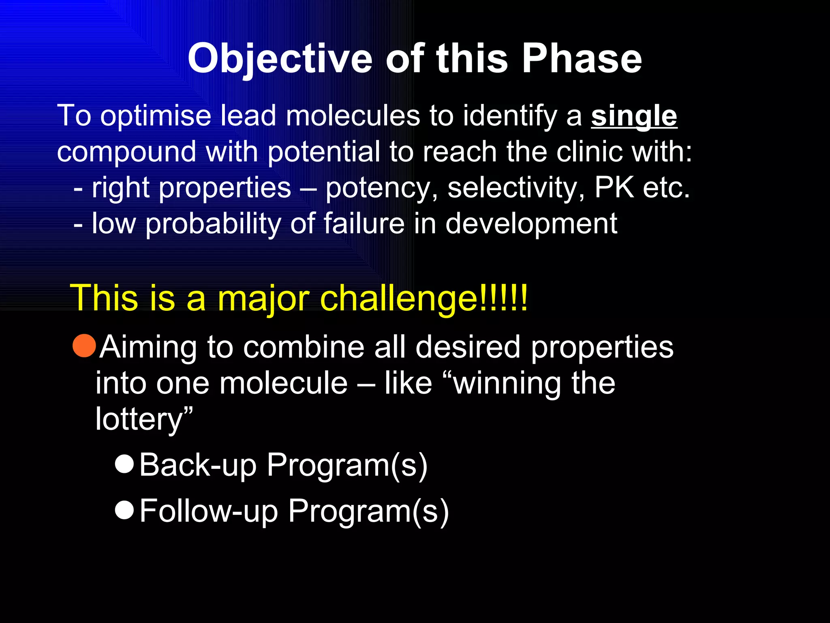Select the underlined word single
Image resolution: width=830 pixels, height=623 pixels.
[634, 116]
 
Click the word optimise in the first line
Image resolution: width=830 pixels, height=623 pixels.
[156, 116]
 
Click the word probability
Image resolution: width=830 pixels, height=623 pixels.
[213, 224]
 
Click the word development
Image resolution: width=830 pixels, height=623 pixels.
[531, 224]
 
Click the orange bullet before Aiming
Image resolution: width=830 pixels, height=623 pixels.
[84, 346]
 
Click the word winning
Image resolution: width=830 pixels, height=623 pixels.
[507, 384]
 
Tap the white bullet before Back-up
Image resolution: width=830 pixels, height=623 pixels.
[124, 464]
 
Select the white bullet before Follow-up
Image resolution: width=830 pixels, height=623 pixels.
[124, 509]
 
